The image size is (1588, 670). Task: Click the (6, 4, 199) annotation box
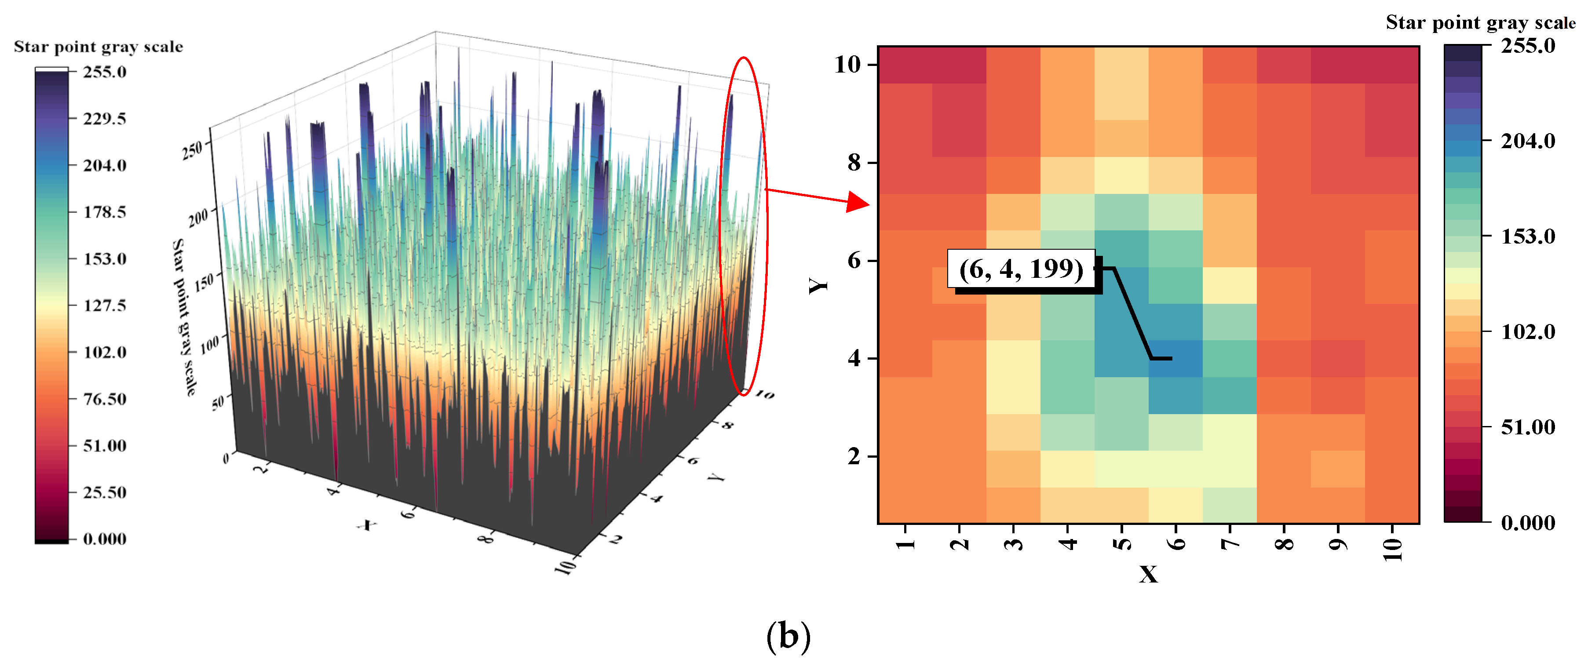pos(1021,269)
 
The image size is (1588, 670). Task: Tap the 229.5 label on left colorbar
pos(105,118)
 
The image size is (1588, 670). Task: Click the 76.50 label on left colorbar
pos(105,399)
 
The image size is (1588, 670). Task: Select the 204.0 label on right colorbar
pos(1528,141)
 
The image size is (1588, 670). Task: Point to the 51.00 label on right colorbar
pos(1528,426)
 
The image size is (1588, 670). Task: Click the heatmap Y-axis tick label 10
pos(847,64)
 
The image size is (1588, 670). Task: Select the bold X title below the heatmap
pos(1148,575)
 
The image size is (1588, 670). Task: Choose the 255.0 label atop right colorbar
pos(1528,46)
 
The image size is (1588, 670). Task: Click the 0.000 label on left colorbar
pos(105,539)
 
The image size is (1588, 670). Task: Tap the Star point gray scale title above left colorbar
pos(99,47)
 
